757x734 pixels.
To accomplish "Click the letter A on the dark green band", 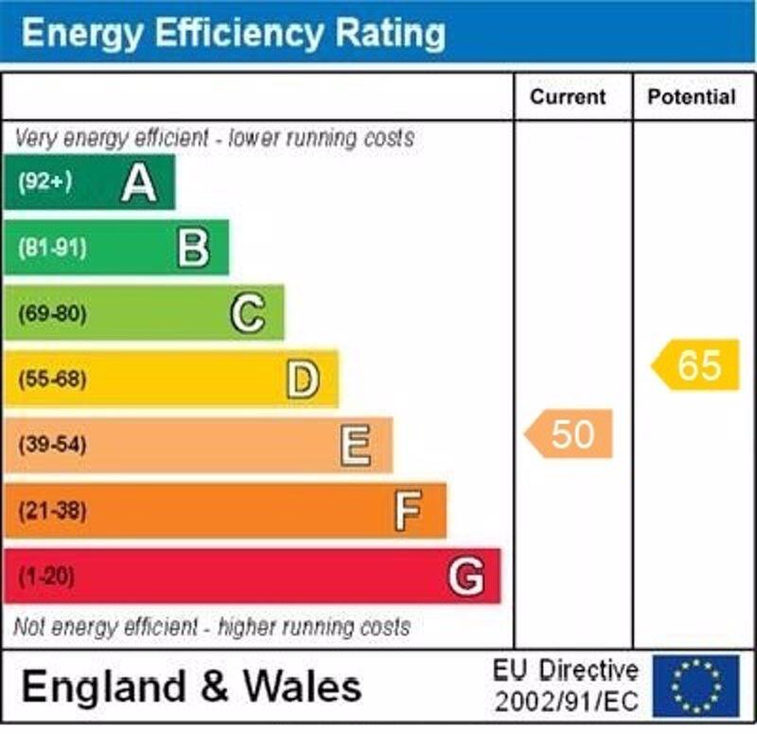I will coord(139,183).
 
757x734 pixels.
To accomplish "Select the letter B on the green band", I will coord(193,249).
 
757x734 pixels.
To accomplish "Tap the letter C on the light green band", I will coord(248,314).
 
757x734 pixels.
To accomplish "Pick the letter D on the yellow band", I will coord(303,379).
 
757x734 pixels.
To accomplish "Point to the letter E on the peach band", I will coord(356,445).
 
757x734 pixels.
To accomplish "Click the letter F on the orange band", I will coord(408,511).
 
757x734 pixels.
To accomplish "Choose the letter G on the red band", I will coord(466,576).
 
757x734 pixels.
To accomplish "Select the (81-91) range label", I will coord(52,249).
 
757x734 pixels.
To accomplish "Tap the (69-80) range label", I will coord(52,314).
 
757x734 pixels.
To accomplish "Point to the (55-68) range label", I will coord(52,379).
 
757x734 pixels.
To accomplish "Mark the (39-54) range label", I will coord(52,445).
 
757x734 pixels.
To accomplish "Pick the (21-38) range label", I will coord(52,511).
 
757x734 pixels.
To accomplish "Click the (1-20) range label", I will coord(46,576).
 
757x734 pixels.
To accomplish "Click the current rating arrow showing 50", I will coord(570,434).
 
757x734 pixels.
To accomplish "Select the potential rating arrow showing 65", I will coord(696,365).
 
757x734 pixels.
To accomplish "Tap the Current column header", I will coord(568,96).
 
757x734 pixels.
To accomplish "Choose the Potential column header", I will coord(692,96).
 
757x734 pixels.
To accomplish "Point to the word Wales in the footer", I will coord(299,686).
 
